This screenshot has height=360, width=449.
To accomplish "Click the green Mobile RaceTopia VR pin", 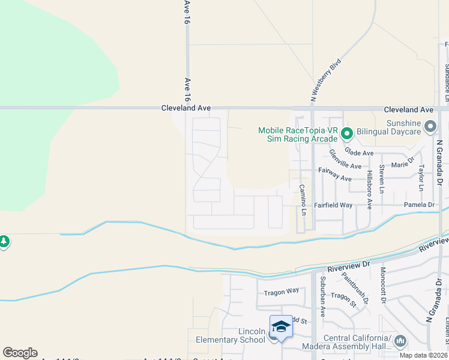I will tap(346, 133).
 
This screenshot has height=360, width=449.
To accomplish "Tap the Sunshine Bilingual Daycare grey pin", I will tap(430, 127).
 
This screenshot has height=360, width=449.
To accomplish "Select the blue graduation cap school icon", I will tap(280, 327).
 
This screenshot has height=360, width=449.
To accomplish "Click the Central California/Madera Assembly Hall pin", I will tap(400, 341).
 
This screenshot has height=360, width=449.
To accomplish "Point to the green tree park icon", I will tap(4, 242).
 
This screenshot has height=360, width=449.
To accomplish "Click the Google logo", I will tap(20, 353).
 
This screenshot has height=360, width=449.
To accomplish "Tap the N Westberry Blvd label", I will tap(325, 79).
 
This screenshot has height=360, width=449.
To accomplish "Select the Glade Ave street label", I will tap(359, 154).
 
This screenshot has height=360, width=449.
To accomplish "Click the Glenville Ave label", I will tap(345, 161).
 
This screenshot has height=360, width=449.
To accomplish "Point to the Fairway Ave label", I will tap(334, 175).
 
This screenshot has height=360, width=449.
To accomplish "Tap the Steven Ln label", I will tap(382, 179).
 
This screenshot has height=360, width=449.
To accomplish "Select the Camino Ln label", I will tap(303, 200).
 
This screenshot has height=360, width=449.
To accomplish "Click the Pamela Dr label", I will tap(419, 205).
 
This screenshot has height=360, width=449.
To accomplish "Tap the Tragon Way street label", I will tap(282, 292).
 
